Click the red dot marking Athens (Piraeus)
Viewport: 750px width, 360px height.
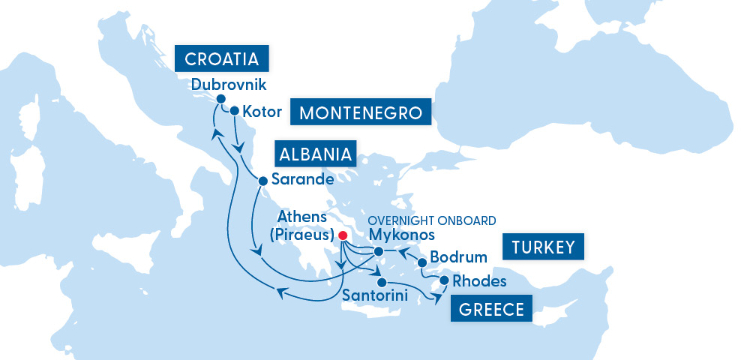click(x=343, y=235)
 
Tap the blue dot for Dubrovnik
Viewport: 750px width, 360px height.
click(x=220, y=99)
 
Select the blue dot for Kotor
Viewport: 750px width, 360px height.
click(x=234, y=111)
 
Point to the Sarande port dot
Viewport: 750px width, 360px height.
click(x=262, y=181)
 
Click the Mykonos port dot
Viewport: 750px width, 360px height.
click(x=379, y=252)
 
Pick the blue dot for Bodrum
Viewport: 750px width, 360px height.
click(x=422, y=262)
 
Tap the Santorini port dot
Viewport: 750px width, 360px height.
click(x=382, y=283)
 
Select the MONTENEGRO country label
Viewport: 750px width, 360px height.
click(x=366, y=113)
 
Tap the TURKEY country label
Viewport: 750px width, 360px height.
click(x=543, y=247)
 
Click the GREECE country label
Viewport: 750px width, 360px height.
click(x=491, y=309)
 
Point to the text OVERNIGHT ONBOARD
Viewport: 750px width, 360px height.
click(x=431, y=220)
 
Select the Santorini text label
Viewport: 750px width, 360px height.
click(x=374, y=297)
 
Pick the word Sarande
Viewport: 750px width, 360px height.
click(x=301, y=180)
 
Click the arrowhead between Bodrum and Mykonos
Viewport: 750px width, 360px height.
click(x=402, y=252)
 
